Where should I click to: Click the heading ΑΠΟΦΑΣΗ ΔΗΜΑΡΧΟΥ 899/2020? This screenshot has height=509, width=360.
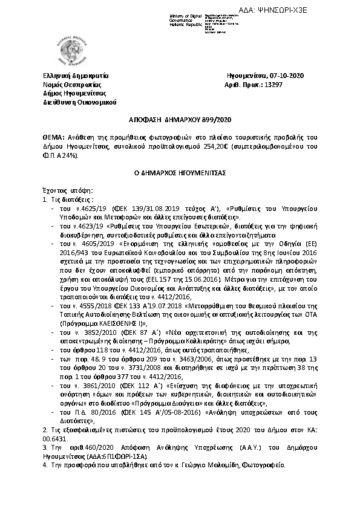180,120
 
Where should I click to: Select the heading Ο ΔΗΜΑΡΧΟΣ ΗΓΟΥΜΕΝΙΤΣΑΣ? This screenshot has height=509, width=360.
180,172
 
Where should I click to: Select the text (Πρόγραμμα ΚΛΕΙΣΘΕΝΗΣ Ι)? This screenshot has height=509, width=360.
88,323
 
